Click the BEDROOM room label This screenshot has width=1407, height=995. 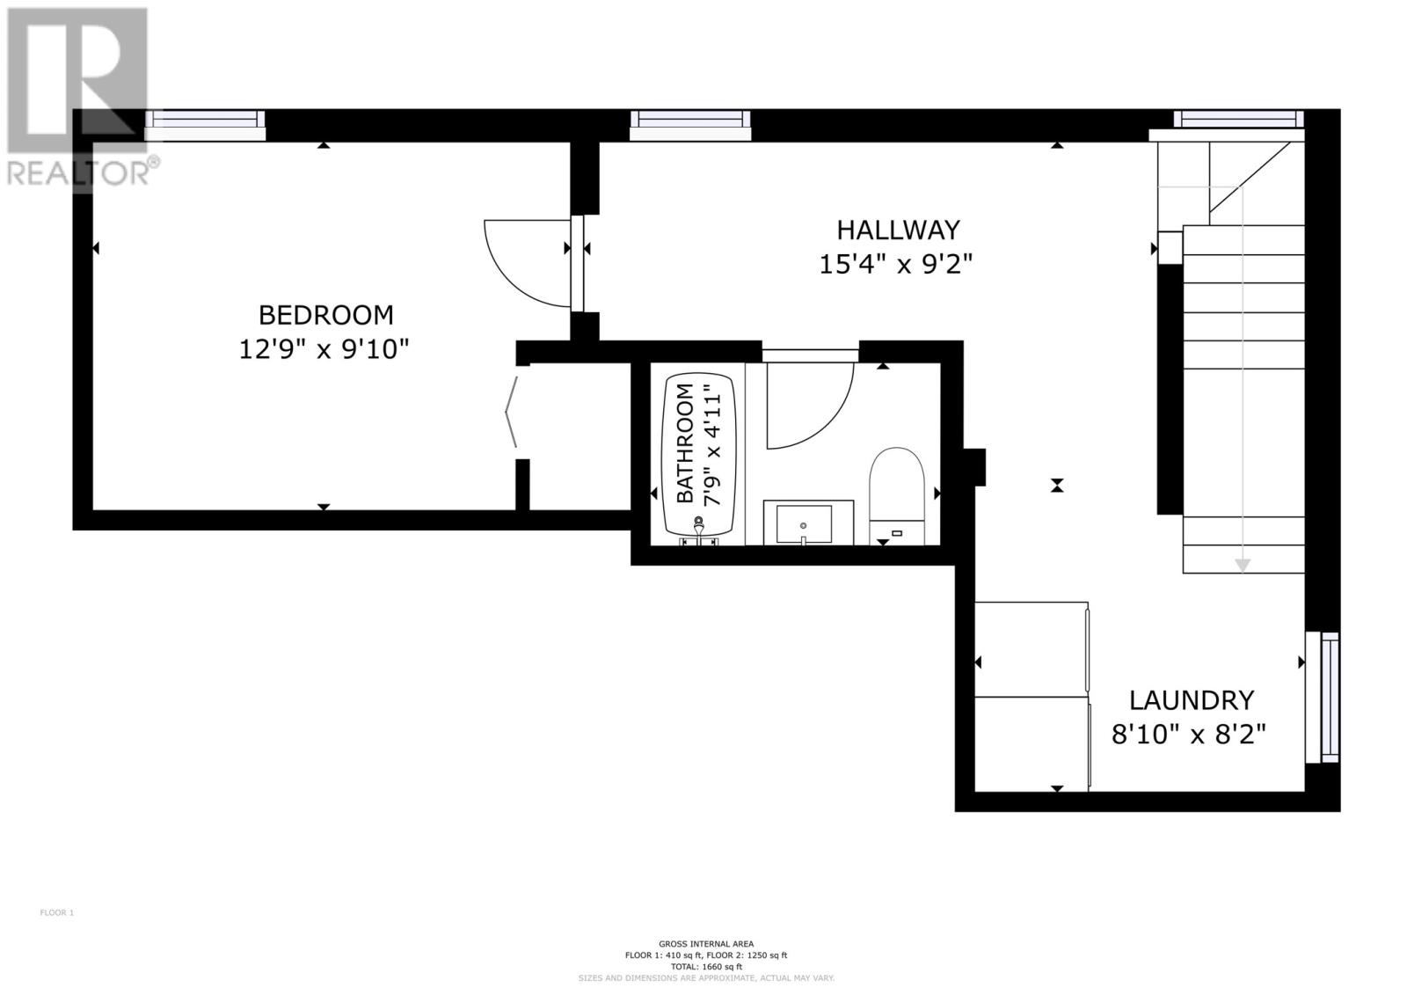325,314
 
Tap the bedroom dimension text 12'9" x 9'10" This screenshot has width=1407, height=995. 324,350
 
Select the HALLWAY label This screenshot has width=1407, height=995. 898,230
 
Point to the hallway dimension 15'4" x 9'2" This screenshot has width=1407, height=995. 896,264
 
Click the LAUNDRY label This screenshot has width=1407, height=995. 1192,700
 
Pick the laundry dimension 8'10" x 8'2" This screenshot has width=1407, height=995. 1189,734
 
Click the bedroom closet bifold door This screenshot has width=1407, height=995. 512,411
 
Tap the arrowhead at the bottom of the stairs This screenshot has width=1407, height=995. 1242,565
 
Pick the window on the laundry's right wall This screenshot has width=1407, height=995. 1323,697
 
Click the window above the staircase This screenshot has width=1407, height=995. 1238,119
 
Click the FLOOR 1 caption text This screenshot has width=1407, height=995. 57,912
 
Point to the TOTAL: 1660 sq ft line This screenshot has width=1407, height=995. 705,966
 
